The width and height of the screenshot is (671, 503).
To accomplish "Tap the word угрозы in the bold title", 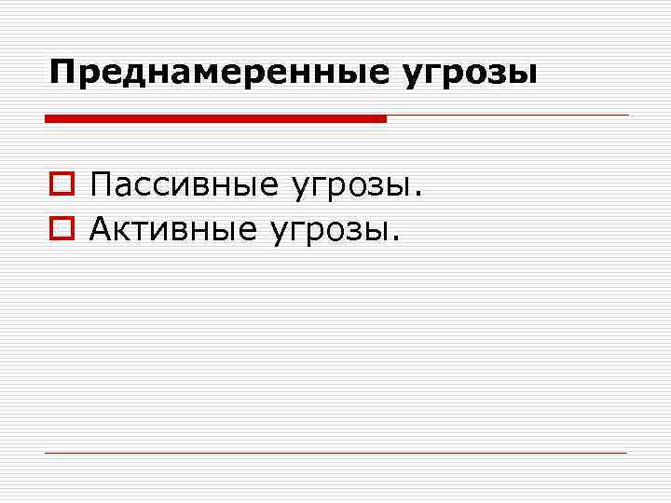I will pos(470,74).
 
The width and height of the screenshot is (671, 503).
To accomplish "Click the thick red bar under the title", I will pos(215,118).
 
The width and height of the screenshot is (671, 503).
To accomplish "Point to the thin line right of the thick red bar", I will pos(508,116).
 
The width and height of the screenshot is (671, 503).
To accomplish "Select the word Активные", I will pos(173,227).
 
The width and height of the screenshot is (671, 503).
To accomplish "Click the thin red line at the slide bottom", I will pos(335,453).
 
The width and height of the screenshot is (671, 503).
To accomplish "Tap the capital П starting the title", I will pos(61,72).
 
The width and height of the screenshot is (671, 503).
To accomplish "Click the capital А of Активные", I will pos(102,227).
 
